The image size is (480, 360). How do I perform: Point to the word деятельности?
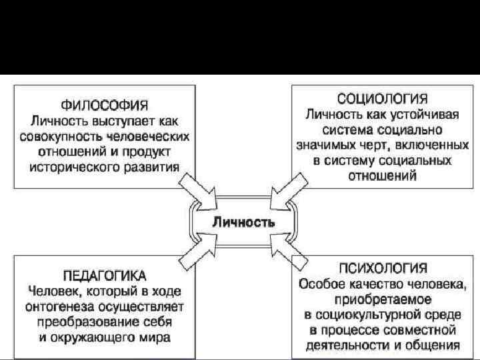tap(339, 345)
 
